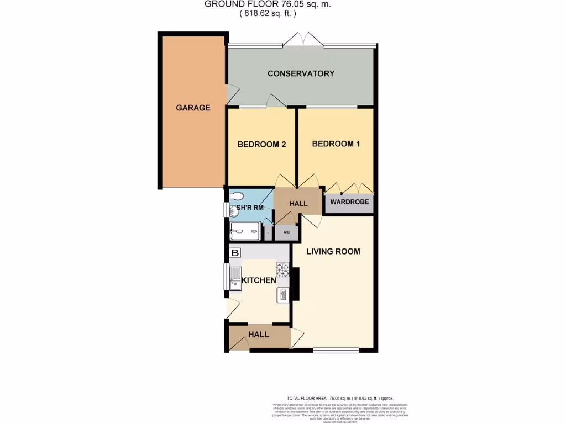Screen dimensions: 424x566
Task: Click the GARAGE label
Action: coord(193,108)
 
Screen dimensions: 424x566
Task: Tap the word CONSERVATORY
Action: coord(301,73)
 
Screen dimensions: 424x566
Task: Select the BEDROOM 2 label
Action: coord(261,145)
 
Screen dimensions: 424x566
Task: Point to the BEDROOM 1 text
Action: coord(336,144)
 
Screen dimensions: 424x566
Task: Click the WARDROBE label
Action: coord(349,202)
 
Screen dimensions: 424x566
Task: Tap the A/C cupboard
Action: coord(287,232)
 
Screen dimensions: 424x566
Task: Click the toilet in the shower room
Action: coord(236,195)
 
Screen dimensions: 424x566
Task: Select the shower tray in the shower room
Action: coord(244,231)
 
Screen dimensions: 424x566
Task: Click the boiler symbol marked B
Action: coord(235,253)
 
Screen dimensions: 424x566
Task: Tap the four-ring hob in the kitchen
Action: coord(282,270)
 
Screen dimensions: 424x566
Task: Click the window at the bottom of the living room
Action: coord(336,349)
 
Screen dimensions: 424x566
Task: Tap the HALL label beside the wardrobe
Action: coord(298,204)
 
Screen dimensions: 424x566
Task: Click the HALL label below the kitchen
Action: coord(258,335)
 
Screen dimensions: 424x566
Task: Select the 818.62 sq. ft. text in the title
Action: coord(268,14)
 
